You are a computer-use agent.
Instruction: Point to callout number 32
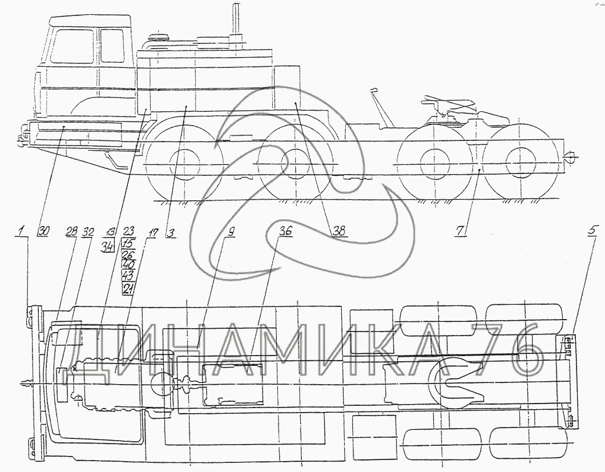click(x=88, y=231)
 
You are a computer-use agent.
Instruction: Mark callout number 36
click(x=285, y=231)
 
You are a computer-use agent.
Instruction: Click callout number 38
click(x=340, y=231)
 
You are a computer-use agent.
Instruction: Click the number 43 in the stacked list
click(x=128, y=277)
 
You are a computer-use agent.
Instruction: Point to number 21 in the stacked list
click(x=128, y=289)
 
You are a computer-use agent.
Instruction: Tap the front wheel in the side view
click(x=185, y=166)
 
